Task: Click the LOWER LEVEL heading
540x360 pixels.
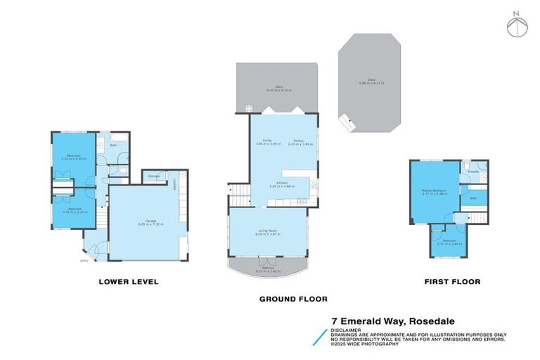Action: [x=129, y=282]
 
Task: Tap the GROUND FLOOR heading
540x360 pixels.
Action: [x=292, y=299]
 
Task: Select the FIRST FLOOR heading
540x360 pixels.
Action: [x=451, y=282]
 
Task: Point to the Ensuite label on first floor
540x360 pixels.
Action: [x=474, y=171]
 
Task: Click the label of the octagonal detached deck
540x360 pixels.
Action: [x=368, y=82]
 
